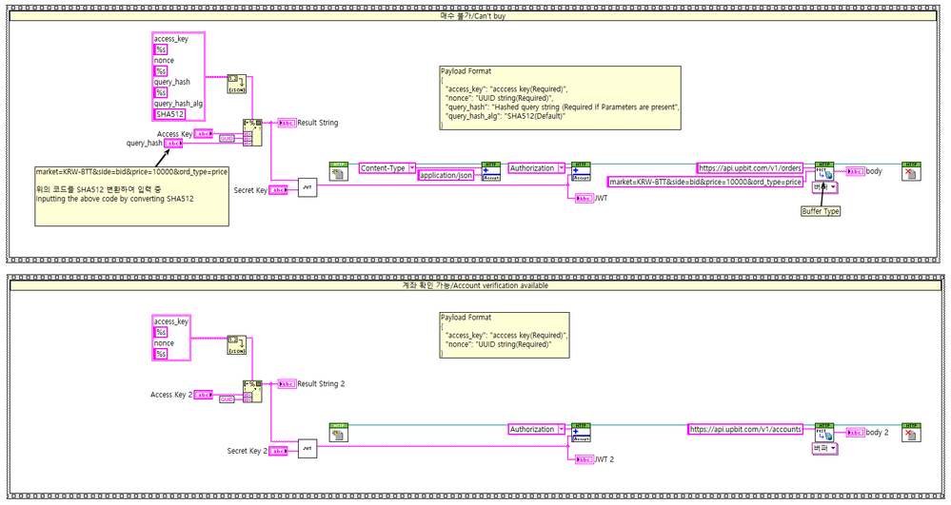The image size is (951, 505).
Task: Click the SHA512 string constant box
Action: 171,114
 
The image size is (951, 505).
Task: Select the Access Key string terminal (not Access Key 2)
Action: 204,134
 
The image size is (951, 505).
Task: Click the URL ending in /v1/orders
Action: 750,168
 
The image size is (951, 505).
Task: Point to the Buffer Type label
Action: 820,211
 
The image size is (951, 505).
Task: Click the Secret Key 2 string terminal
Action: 278,451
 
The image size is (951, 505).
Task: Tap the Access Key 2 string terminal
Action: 205,395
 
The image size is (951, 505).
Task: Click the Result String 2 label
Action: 321,384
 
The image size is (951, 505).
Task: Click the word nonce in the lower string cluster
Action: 164,343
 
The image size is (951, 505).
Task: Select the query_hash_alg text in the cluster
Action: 178,103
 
